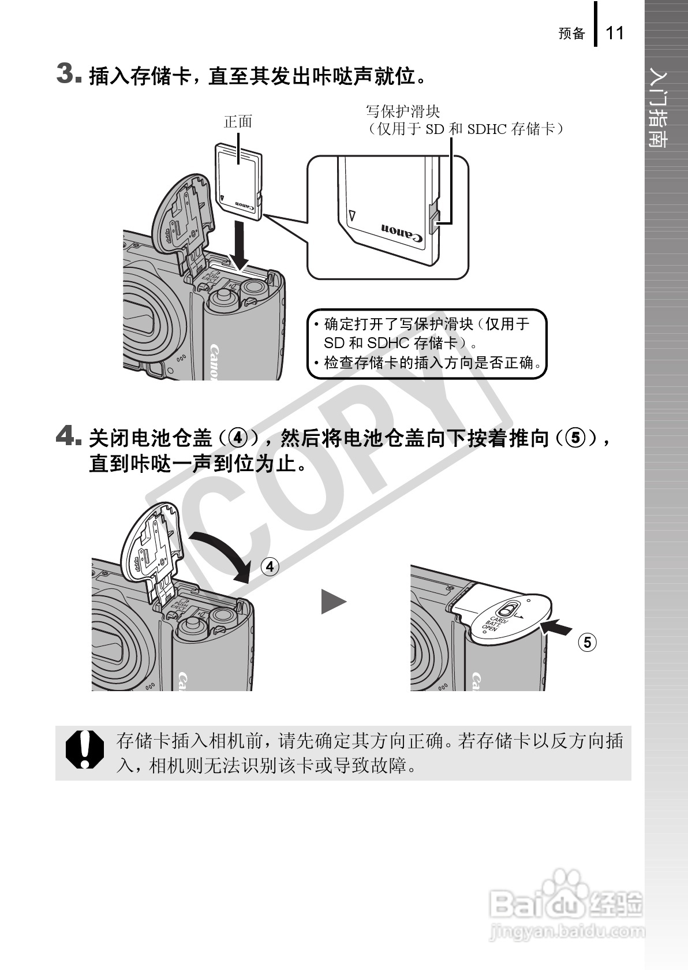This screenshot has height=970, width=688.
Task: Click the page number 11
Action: pyautogui.click(x=614, y=33)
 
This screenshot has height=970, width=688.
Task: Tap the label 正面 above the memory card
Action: pyautogui.click(x=238, y=122)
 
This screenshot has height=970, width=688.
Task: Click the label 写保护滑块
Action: pyautogui.click(x=403, y=112)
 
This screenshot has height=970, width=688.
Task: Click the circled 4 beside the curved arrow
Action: pyautogui.click(x=270, y=566)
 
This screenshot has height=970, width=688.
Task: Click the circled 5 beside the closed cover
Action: pyautogui.click(x=587, y=642)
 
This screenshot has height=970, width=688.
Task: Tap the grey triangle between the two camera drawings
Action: pyautogui.click(x=334, y=602)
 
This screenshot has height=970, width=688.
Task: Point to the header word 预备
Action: pyautogui.click(x=571, y=33)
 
